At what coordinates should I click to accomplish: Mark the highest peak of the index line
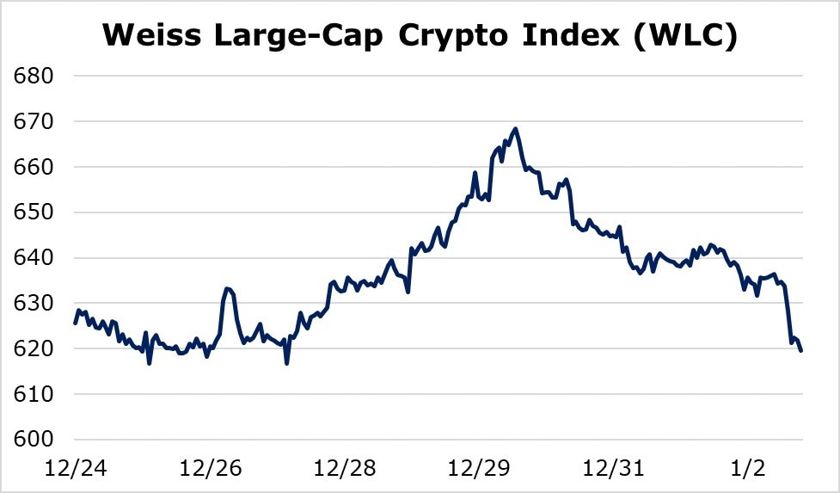click(x=515, y=129)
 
